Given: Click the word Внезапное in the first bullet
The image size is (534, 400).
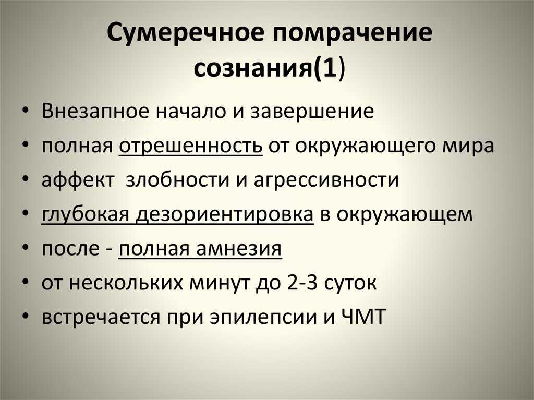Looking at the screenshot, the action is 95,112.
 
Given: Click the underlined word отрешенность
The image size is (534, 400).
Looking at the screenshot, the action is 191,146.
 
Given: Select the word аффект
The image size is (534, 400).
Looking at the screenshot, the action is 78,180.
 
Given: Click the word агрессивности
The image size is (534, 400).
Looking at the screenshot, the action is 326,180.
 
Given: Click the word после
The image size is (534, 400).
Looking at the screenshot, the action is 70,249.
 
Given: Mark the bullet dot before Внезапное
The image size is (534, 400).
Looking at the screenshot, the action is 25,111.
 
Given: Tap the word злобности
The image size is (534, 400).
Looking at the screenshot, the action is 177,180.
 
